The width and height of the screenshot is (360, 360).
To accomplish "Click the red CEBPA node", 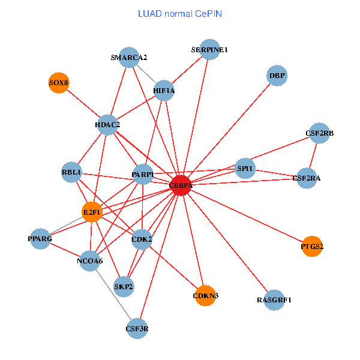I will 181,185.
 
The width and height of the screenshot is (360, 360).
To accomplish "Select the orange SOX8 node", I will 59,83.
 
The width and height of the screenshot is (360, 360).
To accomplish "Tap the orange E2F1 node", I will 92,212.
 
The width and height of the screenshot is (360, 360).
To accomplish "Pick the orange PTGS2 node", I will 312,246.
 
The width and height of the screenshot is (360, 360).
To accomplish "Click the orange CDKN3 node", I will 206,296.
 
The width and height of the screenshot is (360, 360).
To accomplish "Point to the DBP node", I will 277,76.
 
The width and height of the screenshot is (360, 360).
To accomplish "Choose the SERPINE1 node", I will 209,50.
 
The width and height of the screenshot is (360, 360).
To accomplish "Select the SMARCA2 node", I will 129,58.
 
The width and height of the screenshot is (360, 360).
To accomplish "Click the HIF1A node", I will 164,91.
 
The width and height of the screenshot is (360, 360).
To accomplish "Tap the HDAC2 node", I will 107,125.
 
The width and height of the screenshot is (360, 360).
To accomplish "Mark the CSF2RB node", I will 320,133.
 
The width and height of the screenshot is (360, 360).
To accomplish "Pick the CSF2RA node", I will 307,178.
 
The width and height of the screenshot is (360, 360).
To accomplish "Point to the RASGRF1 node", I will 274,299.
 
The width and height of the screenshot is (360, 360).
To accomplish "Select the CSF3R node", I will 137,328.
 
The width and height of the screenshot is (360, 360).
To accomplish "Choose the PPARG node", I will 40,239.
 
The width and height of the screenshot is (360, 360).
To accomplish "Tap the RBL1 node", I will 71,172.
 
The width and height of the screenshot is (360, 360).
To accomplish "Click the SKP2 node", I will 124,286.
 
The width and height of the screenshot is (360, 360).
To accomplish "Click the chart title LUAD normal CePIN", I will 180,13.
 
